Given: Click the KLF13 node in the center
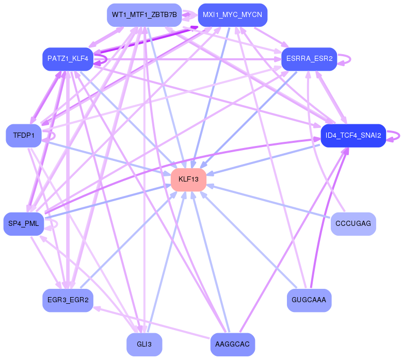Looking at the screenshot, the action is [188, 179].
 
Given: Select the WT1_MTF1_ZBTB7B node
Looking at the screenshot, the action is [144, 15].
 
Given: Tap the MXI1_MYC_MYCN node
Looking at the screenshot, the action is [233, 15].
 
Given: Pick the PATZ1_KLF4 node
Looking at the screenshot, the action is [68, 59].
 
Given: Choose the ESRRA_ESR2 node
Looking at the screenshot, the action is [309, 59].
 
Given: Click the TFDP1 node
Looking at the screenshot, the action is [24, 136].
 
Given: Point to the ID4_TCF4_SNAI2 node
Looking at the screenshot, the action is [353, 136].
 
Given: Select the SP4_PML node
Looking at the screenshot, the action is [24, 224].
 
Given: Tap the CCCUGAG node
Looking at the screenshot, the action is [353, 224].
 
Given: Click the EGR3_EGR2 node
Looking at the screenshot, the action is [68, 300].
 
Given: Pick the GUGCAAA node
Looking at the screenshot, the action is [309, 300].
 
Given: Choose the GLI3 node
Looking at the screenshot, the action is [144, 345].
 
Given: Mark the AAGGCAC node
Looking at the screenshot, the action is [233, 345].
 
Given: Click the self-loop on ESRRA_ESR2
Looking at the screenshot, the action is [350, 59].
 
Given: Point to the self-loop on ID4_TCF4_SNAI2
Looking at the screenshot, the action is [399, 136].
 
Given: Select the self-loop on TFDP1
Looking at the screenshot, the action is [55, 136].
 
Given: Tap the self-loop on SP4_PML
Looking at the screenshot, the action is [57, 224].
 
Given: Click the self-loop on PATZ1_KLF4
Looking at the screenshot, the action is [106, 59].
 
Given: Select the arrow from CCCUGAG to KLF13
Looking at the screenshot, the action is [268, 202].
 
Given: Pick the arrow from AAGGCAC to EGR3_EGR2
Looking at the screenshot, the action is [152, 323].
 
